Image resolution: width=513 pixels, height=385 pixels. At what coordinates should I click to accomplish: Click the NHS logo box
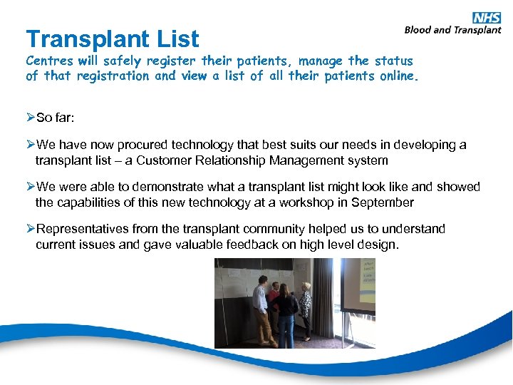(x=487, y=18)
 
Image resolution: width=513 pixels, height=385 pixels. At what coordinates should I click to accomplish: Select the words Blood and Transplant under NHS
(x=452, y=30)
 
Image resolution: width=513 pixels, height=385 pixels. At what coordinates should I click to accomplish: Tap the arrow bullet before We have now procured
(x=30, y=145)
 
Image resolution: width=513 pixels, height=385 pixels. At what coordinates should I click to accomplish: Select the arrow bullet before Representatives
(x=30, y=229)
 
